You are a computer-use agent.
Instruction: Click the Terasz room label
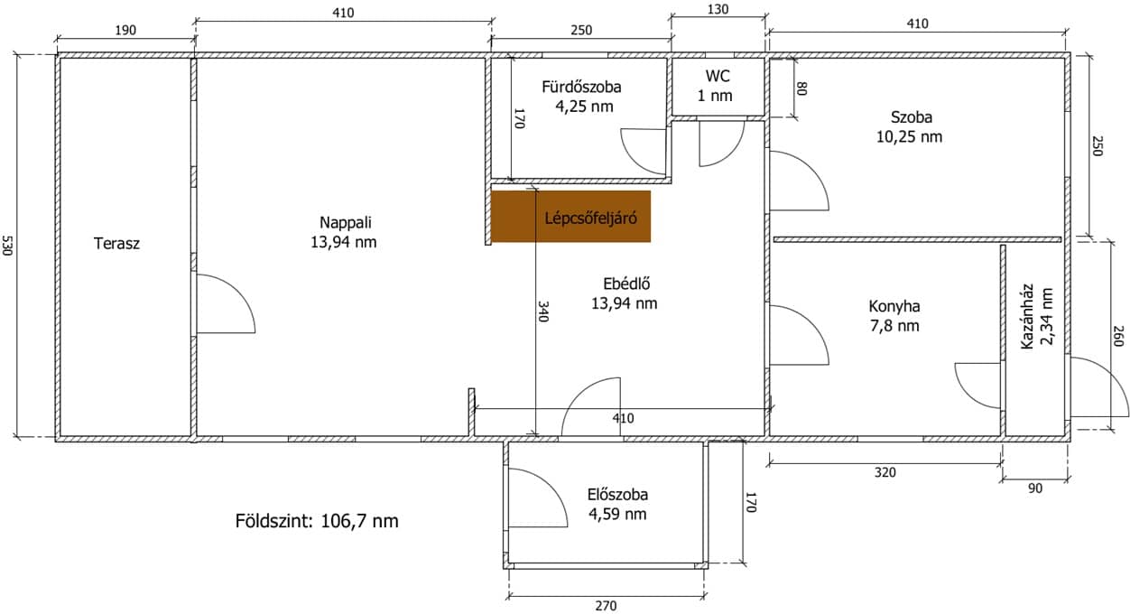tap(116, 244)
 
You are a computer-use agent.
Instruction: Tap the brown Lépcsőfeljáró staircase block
tap(570, 217)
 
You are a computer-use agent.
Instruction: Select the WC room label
tap(718, 76)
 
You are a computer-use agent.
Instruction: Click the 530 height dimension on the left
tap(7, 246)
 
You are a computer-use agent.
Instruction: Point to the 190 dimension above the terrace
tap(125, 31)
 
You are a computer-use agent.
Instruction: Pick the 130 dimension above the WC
tap(718, 10)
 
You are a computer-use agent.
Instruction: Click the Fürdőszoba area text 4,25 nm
tap(584, 107)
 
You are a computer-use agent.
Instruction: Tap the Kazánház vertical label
tap(1027, 317)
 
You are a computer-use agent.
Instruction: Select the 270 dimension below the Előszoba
tap(606, 606)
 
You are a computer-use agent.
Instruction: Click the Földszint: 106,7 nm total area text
tap(317, 521)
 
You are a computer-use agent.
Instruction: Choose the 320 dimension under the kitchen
tap(885, 473)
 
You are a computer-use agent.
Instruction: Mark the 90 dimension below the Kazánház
tap(1034, 488)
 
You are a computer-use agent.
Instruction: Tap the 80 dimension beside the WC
tap(802, 88)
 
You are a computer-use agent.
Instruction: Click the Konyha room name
tap(894, 306)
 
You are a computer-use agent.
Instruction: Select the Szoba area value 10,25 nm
tap(909, 136)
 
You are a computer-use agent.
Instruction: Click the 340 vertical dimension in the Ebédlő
tap(542, 312)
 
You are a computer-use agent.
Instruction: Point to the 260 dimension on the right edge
tap(1118, 336)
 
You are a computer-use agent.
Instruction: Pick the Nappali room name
tap(346, 222)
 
